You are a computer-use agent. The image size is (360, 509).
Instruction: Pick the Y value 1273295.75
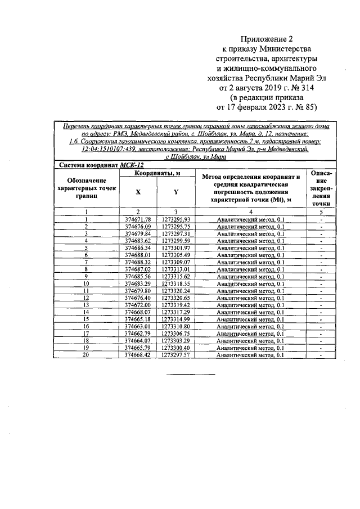pos(175,226)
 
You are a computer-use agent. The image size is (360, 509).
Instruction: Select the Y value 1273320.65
pos(175,298)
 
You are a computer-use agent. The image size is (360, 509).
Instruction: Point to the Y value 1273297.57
pos(175,355)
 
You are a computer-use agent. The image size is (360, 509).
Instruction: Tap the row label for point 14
pos(87,312)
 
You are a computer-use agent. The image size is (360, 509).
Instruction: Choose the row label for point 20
pos(87,355)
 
